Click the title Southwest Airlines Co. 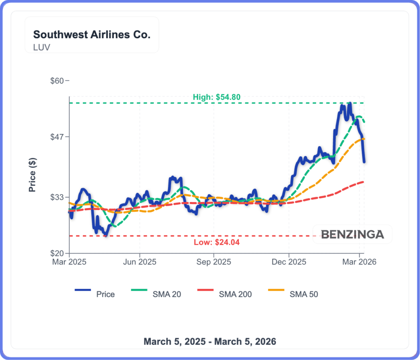tap(91, 34)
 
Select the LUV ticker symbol tap(42, 47)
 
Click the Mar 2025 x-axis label tap(69, 262)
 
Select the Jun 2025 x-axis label tap(139, 262)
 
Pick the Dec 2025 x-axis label tap(289, 262)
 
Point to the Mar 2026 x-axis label tap(359, 262)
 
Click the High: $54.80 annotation tap(217, 97)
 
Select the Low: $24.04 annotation tap(217, 242)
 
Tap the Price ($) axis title tap(32, 175)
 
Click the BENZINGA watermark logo tap(352, 234)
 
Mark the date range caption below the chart tap(210, 341)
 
